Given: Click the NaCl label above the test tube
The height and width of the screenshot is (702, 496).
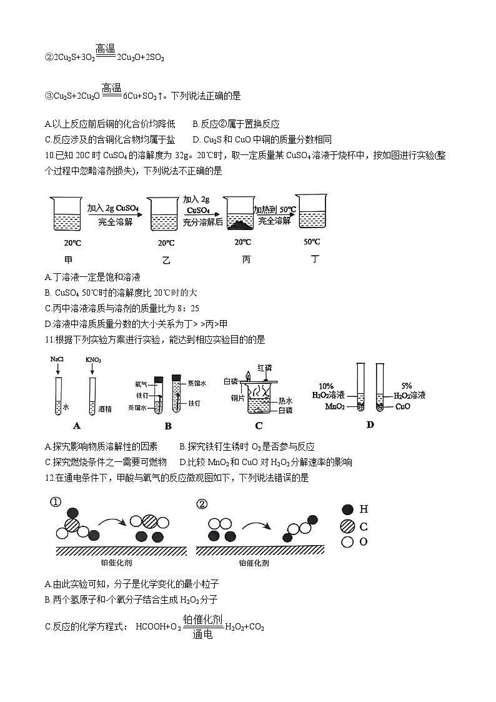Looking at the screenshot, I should pos(57,361).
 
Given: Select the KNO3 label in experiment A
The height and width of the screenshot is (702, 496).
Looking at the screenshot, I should pos(93,361).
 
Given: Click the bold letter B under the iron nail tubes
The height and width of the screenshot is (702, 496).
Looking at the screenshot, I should pos(167,426).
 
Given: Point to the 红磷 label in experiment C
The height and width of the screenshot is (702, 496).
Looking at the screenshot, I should pos(265,368).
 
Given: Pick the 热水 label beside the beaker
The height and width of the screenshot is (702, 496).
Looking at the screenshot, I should pos(285,401).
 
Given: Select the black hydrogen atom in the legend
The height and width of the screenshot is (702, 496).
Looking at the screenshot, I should pos(347,510).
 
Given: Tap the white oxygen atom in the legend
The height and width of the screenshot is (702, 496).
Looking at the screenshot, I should pos(347,542).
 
